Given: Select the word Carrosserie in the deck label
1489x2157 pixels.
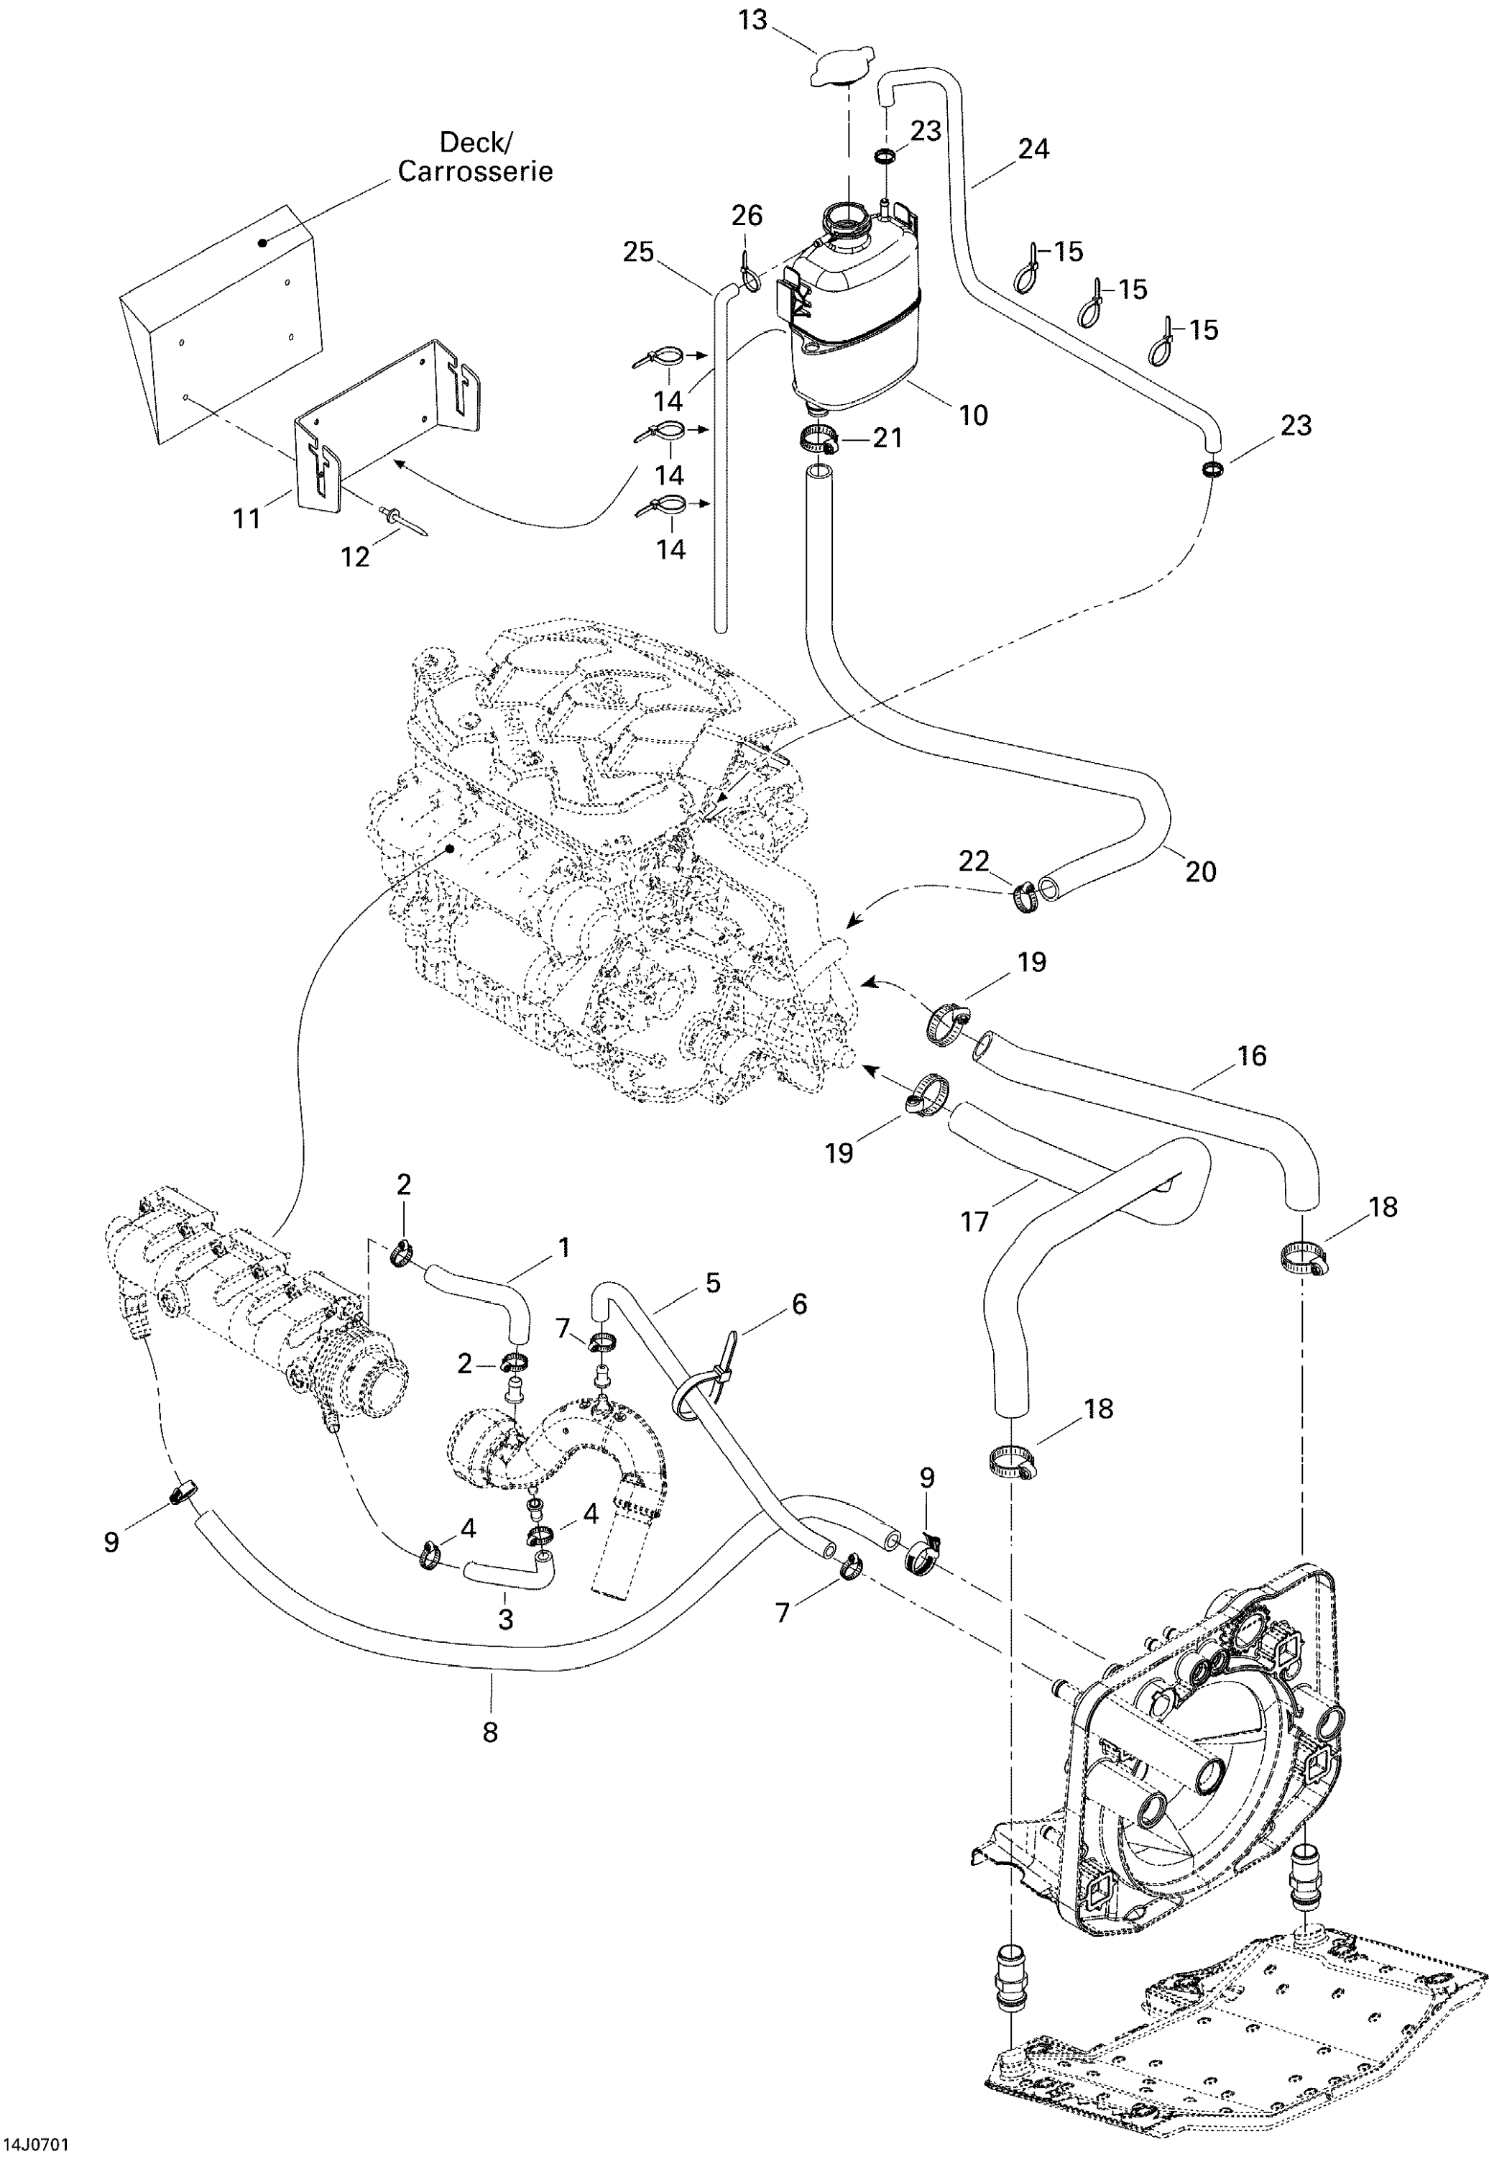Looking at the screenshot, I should coord(475,172).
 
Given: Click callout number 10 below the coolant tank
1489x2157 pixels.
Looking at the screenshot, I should coord(973,416).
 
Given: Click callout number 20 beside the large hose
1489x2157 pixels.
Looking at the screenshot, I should coord(1200,871).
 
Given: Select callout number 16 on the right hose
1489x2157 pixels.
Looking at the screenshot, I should coord(1251,1055).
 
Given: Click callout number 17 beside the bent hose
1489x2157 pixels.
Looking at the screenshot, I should coord(974,1221).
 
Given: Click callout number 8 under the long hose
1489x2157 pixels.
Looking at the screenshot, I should coord(490,1731).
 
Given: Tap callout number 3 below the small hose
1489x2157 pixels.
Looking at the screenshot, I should coord(506,1618).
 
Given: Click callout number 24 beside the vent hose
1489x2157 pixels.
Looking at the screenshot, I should coord(1033,148).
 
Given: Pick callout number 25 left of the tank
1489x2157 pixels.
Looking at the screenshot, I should coord(638,252).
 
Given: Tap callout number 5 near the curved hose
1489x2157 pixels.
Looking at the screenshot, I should coord(713,1283).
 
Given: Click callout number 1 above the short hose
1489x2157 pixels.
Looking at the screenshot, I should coord(563,1247).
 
